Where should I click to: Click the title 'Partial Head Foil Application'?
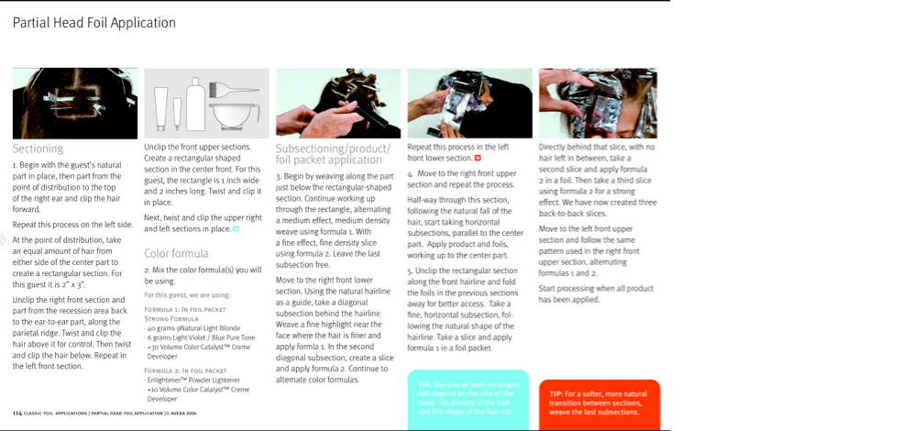(x=93, y=23)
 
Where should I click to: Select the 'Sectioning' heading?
(x=38, y=149)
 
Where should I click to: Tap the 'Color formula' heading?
(x=176, y=253)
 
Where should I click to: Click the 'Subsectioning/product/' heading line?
(x=333, y=149)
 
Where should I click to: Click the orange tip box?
(x=598, y=403)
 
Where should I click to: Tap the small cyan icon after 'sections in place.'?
(x=236, y=228)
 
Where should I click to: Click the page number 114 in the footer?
(x=17, y=414)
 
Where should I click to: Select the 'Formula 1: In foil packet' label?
(x=184, y=310)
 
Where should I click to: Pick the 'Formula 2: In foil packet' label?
(x=184, y=370)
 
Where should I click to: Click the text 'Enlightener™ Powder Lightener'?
(x=192, y=380)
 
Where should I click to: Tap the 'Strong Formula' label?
(x=172, y=319)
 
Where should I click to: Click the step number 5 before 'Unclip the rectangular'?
(x=410, y=271)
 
